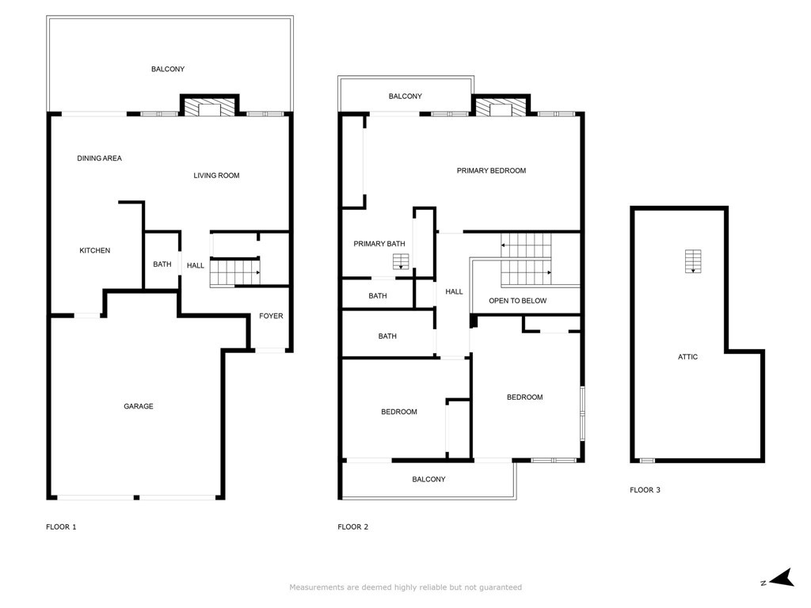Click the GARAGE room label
138,406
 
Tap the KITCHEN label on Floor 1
94,251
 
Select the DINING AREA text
99,158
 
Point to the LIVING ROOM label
216,175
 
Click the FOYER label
271,316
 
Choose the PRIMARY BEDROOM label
491,170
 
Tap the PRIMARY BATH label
379,244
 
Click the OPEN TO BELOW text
517,301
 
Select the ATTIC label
687,357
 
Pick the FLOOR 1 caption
61,526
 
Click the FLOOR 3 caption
645,490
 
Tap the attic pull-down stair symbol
693,261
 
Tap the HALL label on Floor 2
454,292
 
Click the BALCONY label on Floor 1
168,70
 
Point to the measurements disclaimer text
405,587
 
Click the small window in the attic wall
647,461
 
